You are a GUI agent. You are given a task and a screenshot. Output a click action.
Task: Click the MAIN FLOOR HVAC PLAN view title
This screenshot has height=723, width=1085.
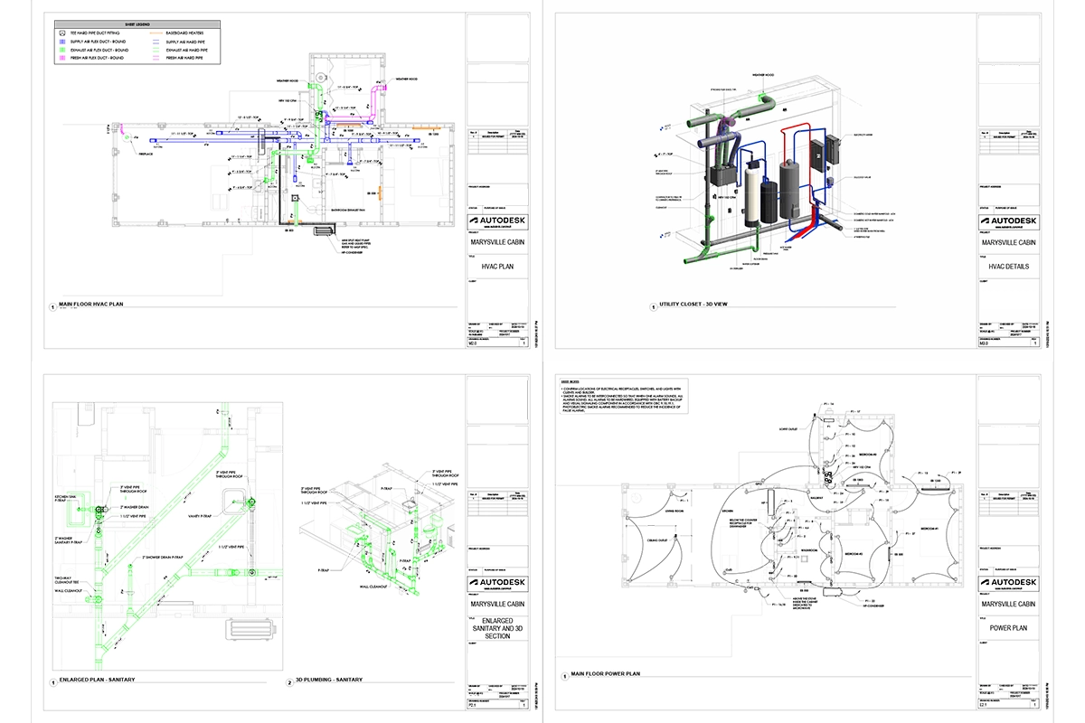(x=90, y=305)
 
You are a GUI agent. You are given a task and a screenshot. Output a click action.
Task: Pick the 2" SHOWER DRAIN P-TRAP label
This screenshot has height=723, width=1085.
(x=163, y=557)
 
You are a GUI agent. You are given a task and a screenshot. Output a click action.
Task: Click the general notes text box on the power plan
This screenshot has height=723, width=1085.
(x=623, y=397)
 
